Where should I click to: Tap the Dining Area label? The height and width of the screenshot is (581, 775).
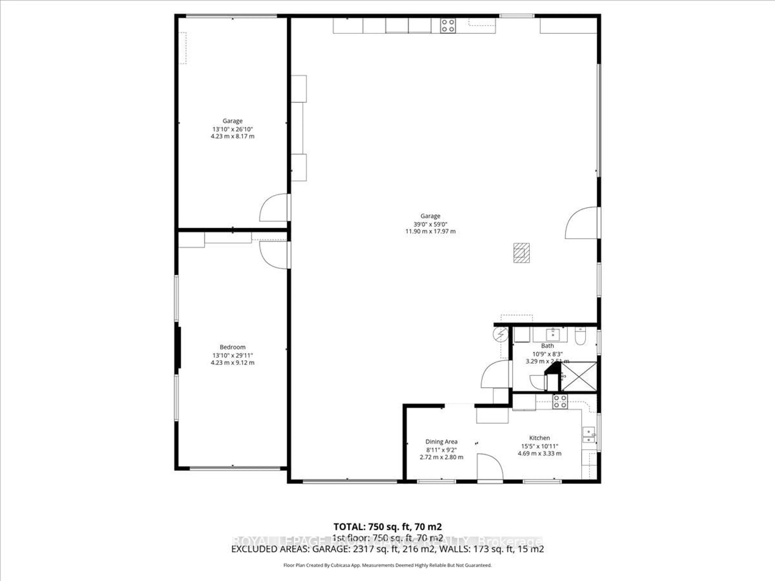pyautogui.click(x=441, y=442)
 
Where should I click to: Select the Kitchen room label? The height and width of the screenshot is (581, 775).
pyautogui.click(x=539, y=438)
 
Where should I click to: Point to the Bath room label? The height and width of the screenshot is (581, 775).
pyautogui.click(x=547, y=346)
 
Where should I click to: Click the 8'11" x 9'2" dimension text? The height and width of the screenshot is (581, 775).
pyautogui.click(x=441, y=450)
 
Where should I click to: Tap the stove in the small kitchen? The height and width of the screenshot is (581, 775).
pyautogui.click(x=560, y=402)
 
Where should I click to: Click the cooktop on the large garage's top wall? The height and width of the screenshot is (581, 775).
pyautogui.click(x=448, y=26)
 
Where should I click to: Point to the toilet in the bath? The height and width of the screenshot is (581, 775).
pyautogui.click(x=580, y=335)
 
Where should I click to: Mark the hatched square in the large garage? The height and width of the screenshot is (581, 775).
pyautogui.click(x=521, y=253)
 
